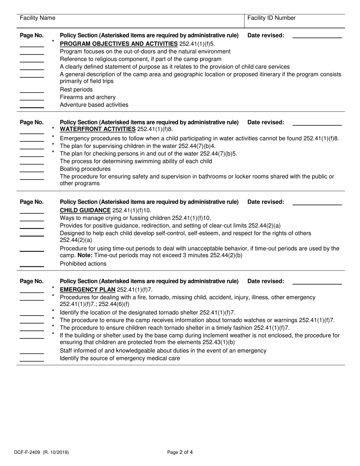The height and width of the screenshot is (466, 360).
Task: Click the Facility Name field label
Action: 37,18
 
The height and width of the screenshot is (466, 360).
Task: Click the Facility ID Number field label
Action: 271,18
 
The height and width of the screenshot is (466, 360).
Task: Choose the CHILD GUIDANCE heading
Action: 85,210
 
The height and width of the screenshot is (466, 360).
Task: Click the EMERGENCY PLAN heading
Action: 88,290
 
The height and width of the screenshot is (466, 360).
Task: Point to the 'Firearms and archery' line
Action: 88,97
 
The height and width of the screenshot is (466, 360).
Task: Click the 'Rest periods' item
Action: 76,90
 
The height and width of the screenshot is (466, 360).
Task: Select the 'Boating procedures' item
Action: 85,169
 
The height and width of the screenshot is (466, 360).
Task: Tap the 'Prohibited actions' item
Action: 83,264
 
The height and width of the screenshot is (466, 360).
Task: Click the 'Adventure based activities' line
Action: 94,105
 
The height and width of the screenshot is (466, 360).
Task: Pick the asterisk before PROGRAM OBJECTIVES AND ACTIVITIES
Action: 53,42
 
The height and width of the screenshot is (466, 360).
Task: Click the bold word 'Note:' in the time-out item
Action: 85,255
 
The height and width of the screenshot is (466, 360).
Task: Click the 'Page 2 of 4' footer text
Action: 180,452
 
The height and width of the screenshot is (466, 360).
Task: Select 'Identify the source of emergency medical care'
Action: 120,358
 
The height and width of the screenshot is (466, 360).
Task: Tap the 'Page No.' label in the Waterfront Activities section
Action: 32,122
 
